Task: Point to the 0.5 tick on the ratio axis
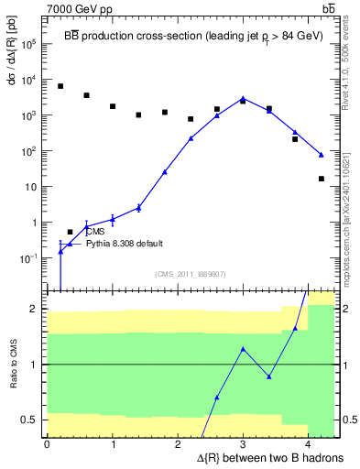[x=33, y=420]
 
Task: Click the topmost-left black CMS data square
[x=60, y=86]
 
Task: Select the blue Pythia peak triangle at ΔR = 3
[x=243, y=98]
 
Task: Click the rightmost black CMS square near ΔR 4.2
[x=322, y=179]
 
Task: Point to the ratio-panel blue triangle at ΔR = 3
[x=243, y=349]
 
